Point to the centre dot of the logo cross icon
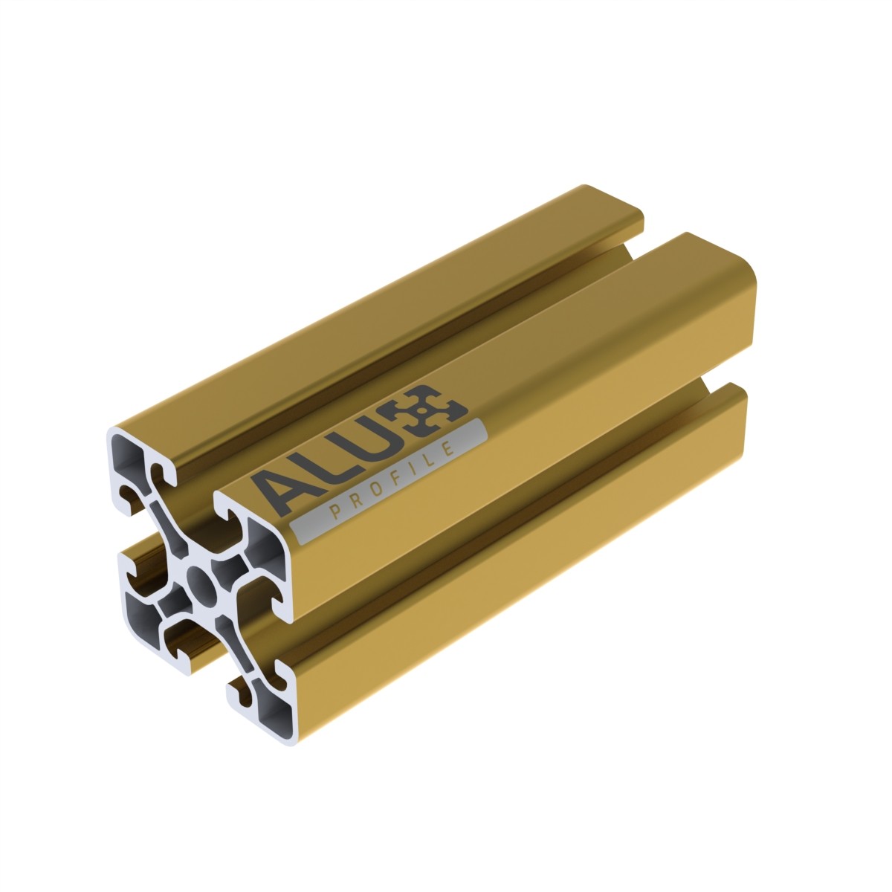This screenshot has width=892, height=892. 421,410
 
